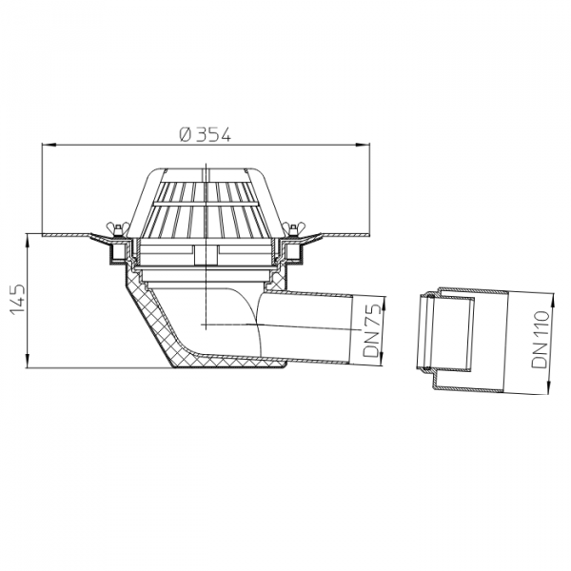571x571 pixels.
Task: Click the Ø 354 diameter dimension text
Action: click(206, 135)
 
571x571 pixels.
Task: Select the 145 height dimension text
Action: click(17, 299)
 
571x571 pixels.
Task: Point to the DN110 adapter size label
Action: click(540, 339)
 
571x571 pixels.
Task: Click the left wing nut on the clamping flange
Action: click(117, 229)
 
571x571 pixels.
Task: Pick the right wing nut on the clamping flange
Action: click(293, 229)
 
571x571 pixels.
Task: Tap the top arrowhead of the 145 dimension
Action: click(28, 242)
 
